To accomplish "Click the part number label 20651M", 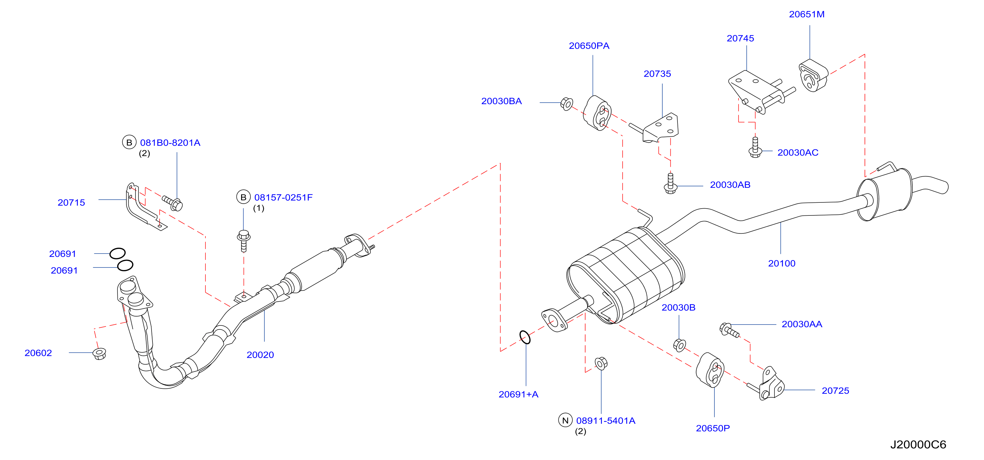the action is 806,14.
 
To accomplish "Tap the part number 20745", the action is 740,38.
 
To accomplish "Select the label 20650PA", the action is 589,46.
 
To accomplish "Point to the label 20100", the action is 782,263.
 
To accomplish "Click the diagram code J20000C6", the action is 918,445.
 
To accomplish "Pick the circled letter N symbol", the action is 565,420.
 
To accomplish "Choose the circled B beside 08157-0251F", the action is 243,197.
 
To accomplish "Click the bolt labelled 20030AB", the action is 670,184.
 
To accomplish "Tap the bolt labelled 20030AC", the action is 755,147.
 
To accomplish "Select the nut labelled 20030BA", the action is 567,104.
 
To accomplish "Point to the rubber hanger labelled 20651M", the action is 813,76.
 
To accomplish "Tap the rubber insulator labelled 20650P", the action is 710,370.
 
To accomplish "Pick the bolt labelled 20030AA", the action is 729,330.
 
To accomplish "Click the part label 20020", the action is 260,355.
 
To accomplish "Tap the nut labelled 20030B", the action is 679,345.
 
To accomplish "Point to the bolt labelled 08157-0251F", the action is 244,241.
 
